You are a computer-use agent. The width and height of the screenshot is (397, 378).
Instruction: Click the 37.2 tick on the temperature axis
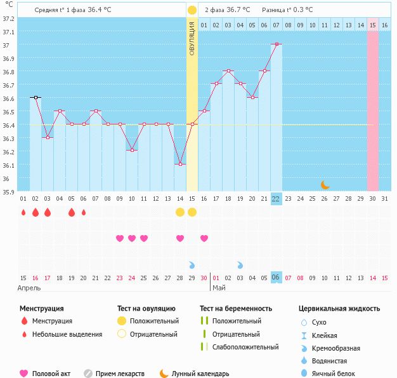tap(8, 18)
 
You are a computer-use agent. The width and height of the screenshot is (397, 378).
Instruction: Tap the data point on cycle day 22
tap(276, 44)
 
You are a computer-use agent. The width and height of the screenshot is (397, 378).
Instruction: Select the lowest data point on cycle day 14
tap(180, 165)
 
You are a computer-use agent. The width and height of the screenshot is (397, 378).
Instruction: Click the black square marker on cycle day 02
tap(36, 98)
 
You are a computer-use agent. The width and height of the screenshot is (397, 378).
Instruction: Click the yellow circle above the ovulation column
tap(192, 10)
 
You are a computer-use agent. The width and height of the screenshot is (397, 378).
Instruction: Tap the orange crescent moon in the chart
tap(325, 185)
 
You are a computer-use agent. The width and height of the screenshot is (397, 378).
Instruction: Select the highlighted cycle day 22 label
tap(276, 198)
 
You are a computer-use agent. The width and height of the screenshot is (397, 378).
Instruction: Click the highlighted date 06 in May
tap(276, 278)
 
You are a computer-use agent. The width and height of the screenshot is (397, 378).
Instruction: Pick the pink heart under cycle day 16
tap(204, 238)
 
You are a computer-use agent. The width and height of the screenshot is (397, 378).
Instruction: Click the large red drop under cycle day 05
tap(72, 212)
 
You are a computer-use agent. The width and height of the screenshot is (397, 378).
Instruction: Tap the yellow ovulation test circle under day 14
tap(180, 212)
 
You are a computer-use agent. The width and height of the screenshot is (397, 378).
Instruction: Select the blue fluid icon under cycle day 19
tap(240, 264)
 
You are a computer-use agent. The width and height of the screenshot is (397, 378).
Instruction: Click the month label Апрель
tap(30, 288)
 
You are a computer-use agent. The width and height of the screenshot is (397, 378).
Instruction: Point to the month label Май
tap(219, 288)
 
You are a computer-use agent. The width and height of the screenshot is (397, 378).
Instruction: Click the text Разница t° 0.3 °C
tap(291, 10)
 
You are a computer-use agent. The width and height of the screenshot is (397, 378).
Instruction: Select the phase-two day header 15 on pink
tap(372, 25)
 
